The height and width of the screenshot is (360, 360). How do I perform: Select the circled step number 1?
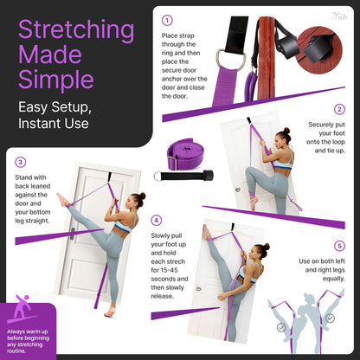(167, 19)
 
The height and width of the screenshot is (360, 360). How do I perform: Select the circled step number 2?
(340, 109)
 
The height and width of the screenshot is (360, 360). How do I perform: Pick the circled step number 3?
(19, 161)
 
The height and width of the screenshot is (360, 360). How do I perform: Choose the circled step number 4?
(156, 221)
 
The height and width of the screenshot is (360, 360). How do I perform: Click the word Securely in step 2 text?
(325, 125)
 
